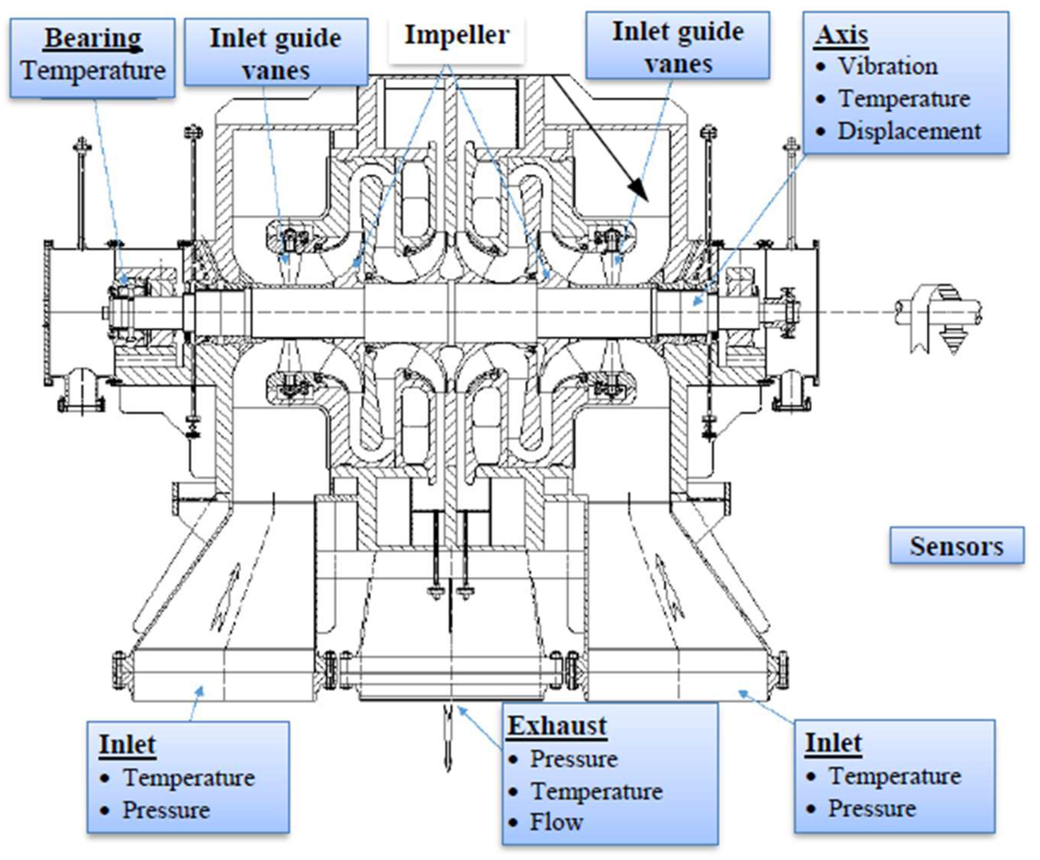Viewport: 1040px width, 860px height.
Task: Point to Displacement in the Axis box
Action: coord(909,131)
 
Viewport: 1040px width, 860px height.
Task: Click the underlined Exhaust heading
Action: coord(557,726)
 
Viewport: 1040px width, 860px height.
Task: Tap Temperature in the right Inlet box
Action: coord(895,776)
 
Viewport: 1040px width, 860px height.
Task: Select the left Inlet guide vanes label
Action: coord(275,54)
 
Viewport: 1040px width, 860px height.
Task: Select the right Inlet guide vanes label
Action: coord(678,47)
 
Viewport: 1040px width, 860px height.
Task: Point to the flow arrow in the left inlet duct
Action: coord(227,596)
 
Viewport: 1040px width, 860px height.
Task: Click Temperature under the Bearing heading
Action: coord(93,70)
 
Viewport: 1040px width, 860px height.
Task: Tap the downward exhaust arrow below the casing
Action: coord(448,737)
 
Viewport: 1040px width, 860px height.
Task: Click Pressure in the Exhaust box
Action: coord(573,759)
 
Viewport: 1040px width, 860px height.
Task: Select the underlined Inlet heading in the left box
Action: coord(127,744)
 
